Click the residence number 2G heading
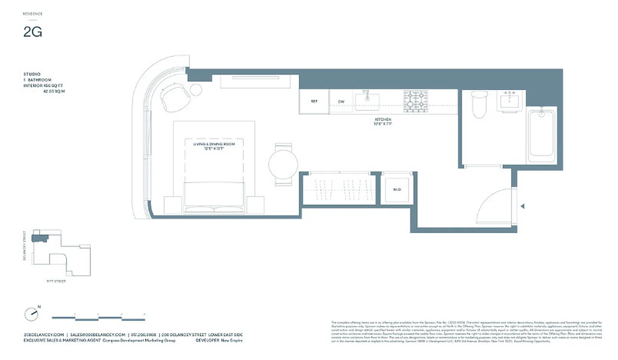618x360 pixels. click(33, 32)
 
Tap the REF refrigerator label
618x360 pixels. click(314, 102)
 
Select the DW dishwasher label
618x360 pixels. click(341, 102)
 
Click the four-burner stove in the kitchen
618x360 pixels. click(415, 101)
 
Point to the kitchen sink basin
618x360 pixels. click(367, 101)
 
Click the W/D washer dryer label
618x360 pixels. click(397, 189)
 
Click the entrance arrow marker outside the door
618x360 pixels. click(522, 207)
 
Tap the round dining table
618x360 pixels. click(283, 164)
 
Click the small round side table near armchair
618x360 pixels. click(196, 90)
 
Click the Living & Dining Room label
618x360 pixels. click(214, 146)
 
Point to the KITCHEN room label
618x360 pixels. click(383, 120)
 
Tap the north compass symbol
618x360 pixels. click(31, 314)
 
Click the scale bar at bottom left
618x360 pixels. click(99, 318)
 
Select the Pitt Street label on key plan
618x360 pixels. click(56, 281)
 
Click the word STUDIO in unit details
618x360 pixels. click(32, 74)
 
